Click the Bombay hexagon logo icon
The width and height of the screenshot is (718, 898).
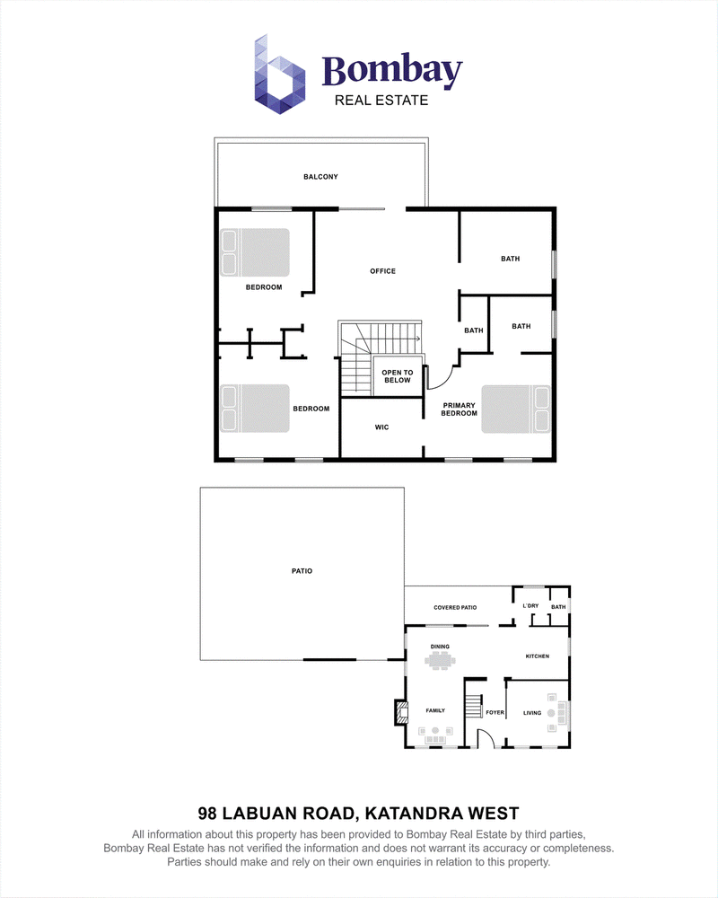(x=279, y=75)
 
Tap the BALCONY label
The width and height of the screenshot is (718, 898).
(x=320, y=177)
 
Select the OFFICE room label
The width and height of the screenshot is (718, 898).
(x=382, y=271)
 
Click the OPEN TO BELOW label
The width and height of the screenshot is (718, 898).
(x=398, y=376)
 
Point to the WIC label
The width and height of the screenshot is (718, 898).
(x=382, y=427)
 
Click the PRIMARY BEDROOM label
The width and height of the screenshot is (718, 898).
(x=459, y=409)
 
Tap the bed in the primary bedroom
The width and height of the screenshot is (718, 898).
(x=516, y=409)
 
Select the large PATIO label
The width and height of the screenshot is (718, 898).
(x=302, y=571)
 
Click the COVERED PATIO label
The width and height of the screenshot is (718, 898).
(x=455, y=608)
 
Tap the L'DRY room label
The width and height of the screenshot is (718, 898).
(x=530, y=606)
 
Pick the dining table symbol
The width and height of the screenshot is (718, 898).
(x=440, y=660)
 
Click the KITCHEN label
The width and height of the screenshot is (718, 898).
(x=537, y=656)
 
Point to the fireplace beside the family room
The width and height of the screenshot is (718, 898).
(x=401, y=712)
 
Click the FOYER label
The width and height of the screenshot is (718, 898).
(x=495, y=713)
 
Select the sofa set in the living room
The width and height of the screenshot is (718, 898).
(x=556, y=713)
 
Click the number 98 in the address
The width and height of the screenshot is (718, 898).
(x=207, y=814)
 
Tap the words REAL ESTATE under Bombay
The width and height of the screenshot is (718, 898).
(x=381, y=101)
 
